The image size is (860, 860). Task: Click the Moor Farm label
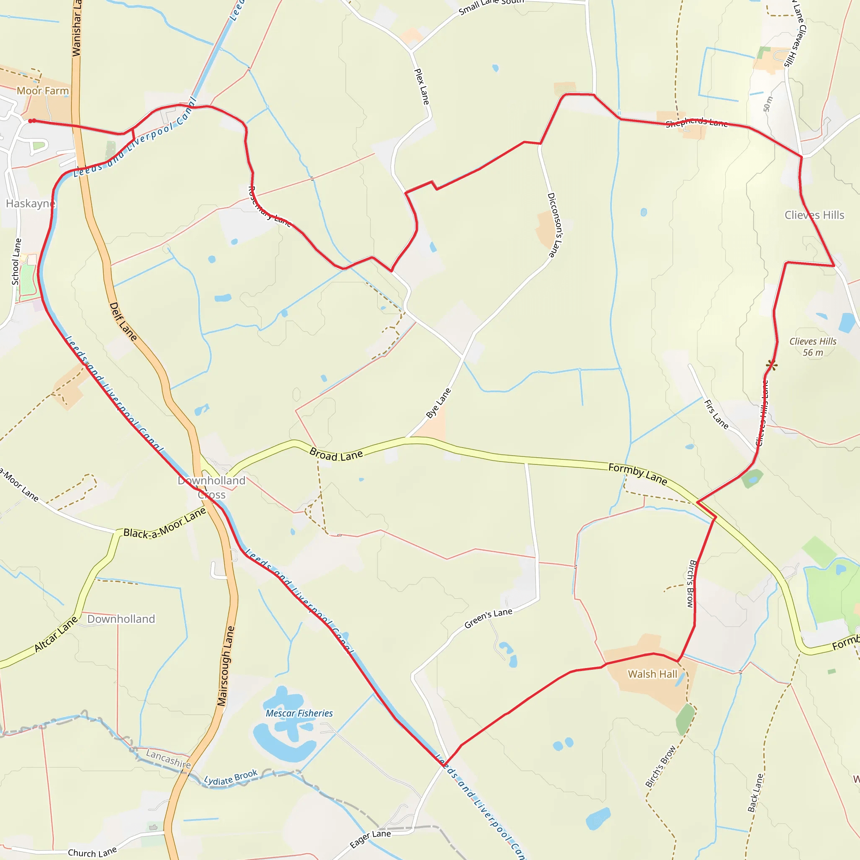coord(43,91)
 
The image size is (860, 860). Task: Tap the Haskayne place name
coord(30,204)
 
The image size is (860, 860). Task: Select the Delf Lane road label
coord(123,321)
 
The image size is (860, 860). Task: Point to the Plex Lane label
coord(422,87)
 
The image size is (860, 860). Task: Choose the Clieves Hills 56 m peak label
coord(813,347)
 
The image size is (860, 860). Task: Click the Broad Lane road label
coord(336,454)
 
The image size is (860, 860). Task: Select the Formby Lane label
coord(637,474)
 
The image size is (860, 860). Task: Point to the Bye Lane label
coord(438,403)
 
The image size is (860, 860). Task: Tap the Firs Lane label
coord(716,414)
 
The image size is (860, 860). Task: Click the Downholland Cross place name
coord(212,488)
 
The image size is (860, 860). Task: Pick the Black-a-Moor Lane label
coord(165,524)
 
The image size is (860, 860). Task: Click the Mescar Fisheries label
coord(299,713)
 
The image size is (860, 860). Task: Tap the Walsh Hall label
coord(652,674)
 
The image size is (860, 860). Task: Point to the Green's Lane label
coord(488,618)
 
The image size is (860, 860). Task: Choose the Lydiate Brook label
coord(231,777)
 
